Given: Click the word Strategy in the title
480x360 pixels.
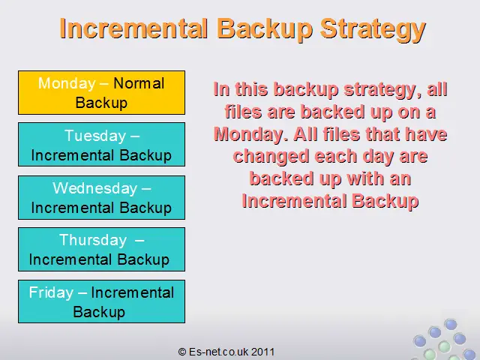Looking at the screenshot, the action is tap(373, 30).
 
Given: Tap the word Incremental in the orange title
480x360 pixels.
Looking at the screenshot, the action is tap(133, 28).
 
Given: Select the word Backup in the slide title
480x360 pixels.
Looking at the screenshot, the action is tap(265, 30).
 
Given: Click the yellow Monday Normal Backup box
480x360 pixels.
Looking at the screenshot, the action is tap(102, 93).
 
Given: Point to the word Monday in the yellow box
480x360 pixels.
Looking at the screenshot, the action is tap(67, 84).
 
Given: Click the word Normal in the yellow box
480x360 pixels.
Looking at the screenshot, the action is tap(139, 83).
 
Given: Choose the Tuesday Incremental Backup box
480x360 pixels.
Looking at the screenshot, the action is tap(102, 145).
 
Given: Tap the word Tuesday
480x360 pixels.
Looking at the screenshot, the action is tap(95, 136).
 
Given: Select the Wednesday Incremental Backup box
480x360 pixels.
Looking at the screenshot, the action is tap(102, 197).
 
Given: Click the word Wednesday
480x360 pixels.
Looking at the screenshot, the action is tap(94, 188).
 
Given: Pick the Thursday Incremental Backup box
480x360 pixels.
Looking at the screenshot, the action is tap(102, 249).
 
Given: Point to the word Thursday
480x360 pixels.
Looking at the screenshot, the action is tap(93, 240).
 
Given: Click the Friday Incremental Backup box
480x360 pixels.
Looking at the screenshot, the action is tap(102, 301).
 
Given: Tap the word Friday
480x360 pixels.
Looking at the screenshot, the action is tap(51, 292).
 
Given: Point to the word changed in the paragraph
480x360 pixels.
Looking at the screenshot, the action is tap(271, 157).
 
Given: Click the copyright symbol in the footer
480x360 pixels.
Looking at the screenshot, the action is tap(182, 352).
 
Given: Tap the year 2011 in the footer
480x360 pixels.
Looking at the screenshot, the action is tap(262, 352).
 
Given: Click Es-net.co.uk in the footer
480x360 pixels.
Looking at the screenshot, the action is tap(218, 352).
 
